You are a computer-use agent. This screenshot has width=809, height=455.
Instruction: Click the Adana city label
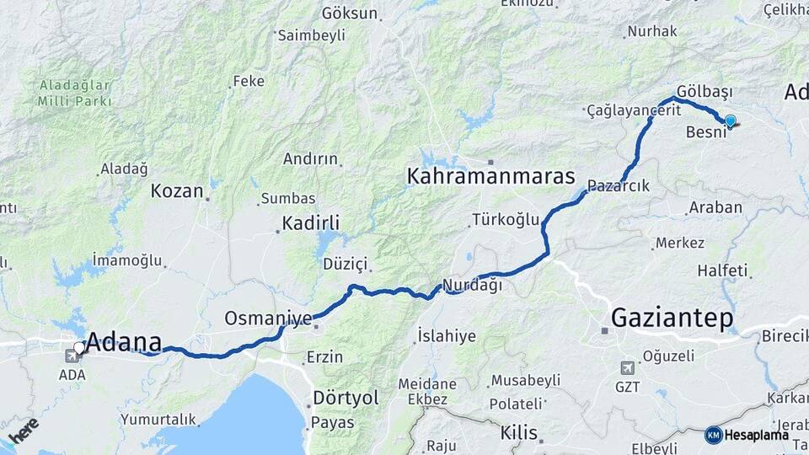point(124,342)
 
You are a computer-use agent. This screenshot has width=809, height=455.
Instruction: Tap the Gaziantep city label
point(672,318)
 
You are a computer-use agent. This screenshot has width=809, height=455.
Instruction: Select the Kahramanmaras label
point(490,177)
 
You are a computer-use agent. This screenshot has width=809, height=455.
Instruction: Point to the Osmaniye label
point(268,318)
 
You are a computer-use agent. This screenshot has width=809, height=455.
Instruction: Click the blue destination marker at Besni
point(730,121)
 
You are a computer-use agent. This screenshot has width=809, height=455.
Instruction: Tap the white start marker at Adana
point(79,347)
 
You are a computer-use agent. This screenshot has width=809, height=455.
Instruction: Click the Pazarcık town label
point(619,186)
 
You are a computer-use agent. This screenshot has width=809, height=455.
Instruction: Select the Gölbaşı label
point(705,91)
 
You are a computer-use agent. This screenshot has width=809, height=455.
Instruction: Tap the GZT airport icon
point(627,368)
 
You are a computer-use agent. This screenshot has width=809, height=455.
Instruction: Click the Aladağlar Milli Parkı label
point(74,93)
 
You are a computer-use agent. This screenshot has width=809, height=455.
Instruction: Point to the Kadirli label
point(311,223)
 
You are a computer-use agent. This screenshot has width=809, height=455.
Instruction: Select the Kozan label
point(177,191)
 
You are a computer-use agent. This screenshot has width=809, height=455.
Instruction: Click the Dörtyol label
point(346,398)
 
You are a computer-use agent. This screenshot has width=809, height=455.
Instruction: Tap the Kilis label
point(518,433)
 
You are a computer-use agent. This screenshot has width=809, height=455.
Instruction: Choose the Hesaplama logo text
point(756,435)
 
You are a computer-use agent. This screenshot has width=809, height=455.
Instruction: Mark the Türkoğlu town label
point(506,220)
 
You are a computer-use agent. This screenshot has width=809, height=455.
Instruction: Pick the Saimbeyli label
point(312,35)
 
